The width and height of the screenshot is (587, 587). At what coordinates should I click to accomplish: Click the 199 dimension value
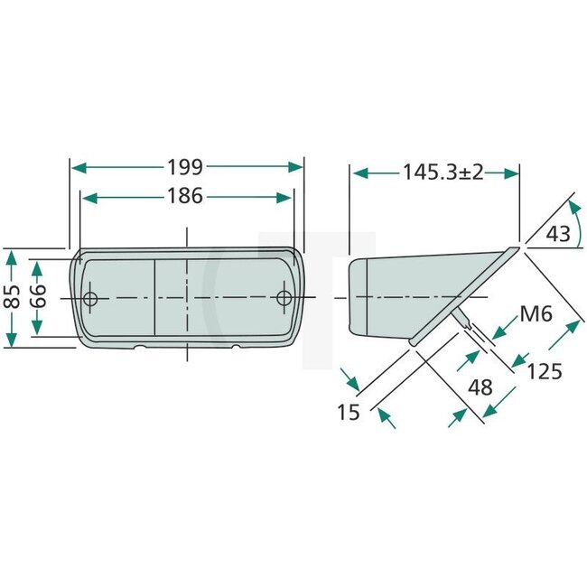[185, 167]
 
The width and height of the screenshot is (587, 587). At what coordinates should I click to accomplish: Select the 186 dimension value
[185, 196]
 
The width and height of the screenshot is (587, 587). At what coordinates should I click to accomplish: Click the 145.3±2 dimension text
[435, 172]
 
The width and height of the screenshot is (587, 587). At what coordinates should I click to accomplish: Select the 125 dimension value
[545, 371]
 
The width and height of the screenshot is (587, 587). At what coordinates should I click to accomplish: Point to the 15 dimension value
[349, 412]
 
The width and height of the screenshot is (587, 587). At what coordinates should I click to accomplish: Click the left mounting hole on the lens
[89, 298]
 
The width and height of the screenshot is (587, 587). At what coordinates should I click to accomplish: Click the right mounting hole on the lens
[284, 298]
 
